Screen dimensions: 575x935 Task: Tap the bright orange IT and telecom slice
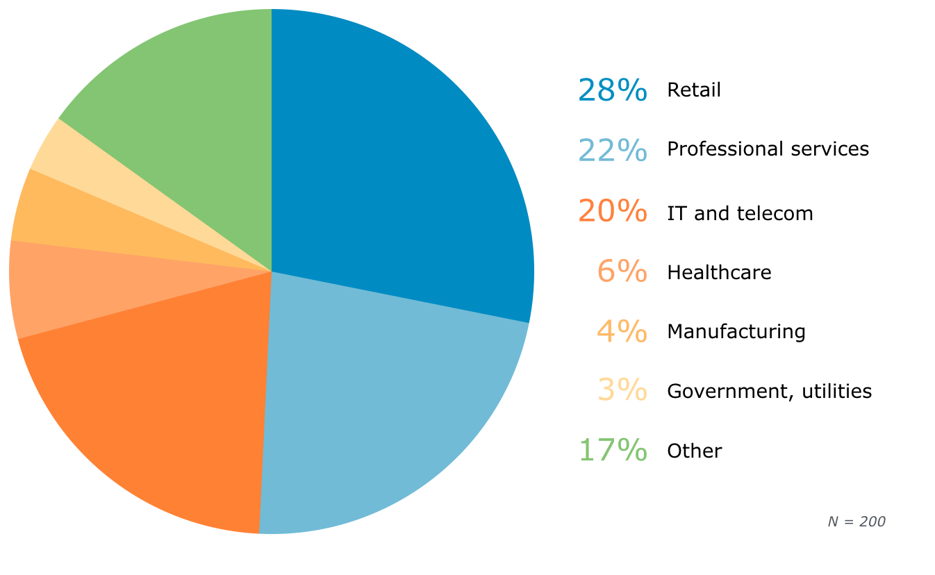[160, 417]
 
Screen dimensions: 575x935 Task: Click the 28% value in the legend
[612, 90]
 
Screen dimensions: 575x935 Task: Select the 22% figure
[612, 149]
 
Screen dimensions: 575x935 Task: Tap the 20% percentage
[612, 211]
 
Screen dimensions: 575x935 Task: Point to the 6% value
[622, 272]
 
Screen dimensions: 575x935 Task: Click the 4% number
[622, 331]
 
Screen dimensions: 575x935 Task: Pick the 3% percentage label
[622, 391]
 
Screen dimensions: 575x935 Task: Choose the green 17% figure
[612, 450]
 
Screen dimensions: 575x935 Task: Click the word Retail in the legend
[694, 90]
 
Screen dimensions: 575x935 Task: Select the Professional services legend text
[768, 149]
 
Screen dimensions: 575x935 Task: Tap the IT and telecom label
[740, 213]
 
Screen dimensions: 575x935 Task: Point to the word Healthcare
[719, 273]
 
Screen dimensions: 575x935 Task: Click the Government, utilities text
[769, 392]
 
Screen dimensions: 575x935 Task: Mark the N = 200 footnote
[857, 522]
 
